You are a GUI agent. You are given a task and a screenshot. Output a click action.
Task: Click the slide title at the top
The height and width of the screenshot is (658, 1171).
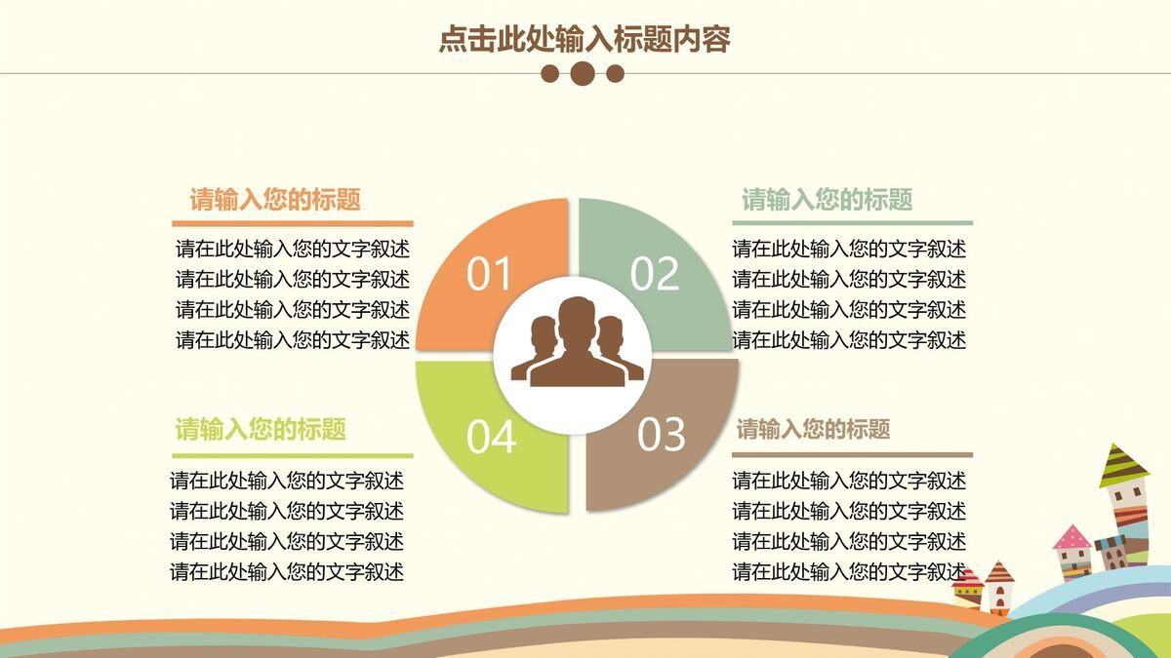585,39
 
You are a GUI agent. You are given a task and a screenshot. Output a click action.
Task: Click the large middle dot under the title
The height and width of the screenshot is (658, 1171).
583,73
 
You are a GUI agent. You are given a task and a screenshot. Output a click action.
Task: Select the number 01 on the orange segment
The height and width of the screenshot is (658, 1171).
490,276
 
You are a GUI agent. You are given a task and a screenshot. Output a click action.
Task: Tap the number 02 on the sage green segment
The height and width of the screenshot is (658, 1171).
655,275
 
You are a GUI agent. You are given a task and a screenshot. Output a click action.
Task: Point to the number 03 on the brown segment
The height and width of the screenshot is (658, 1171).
663,435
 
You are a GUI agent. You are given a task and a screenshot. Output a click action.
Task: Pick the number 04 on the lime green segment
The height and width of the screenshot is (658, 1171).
491,438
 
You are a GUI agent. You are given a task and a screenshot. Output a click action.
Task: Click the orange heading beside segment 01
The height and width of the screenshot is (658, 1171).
275,200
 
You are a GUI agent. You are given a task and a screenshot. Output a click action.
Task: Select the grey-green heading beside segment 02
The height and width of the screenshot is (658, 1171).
828,200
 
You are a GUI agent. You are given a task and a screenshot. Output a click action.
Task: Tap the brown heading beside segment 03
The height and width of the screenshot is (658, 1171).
813,429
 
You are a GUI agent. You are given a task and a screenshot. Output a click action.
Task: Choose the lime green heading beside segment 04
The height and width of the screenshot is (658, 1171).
261,429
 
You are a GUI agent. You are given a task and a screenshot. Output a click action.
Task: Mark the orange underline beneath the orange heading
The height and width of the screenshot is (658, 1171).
293,224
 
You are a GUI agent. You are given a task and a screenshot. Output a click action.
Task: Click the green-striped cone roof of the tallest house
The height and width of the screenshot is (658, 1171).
1124,465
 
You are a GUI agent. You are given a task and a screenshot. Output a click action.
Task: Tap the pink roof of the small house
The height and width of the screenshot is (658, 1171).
1071,537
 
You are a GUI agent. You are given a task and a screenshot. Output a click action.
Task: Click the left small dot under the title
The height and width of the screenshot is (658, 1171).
550,73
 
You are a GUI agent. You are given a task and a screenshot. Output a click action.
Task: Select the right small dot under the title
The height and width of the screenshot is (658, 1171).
615,73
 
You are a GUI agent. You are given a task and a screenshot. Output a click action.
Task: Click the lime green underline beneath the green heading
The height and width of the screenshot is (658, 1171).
293,455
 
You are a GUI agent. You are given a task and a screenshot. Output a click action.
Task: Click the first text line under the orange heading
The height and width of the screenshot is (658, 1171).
293,250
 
